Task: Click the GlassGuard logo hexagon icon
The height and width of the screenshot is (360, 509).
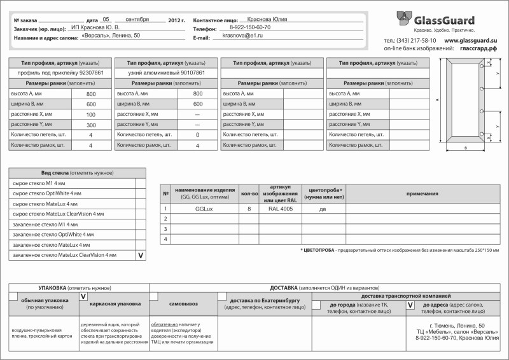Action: pos(405,18)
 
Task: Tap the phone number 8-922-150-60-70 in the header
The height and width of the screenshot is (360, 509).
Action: pos(249,28)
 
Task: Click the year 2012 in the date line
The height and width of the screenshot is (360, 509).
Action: pos(176,20)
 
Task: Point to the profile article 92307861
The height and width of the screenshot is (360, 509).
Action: pos(95,73)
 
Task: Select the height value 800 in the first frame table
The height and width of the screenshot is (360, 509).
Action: pos(91,94)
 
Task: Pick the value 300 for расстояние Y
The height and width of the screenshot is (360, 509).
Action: pos(91,125)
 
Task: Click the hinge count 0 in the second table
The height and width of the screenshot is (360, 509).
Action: pos(197,135)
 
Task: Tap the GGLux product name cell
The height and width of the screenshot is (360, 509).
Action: pos(204,208)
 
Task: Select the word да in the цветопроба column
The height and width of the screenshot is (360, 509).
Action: pos(323,209)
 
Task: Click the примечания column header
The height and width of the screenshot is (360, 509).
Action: pos(422,193)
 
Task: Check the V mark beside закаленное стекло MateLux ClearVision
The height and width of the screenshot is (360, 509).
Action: pos(141,255)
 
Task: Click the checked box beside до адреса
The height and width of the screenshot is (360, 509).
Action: pos(410,305)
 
